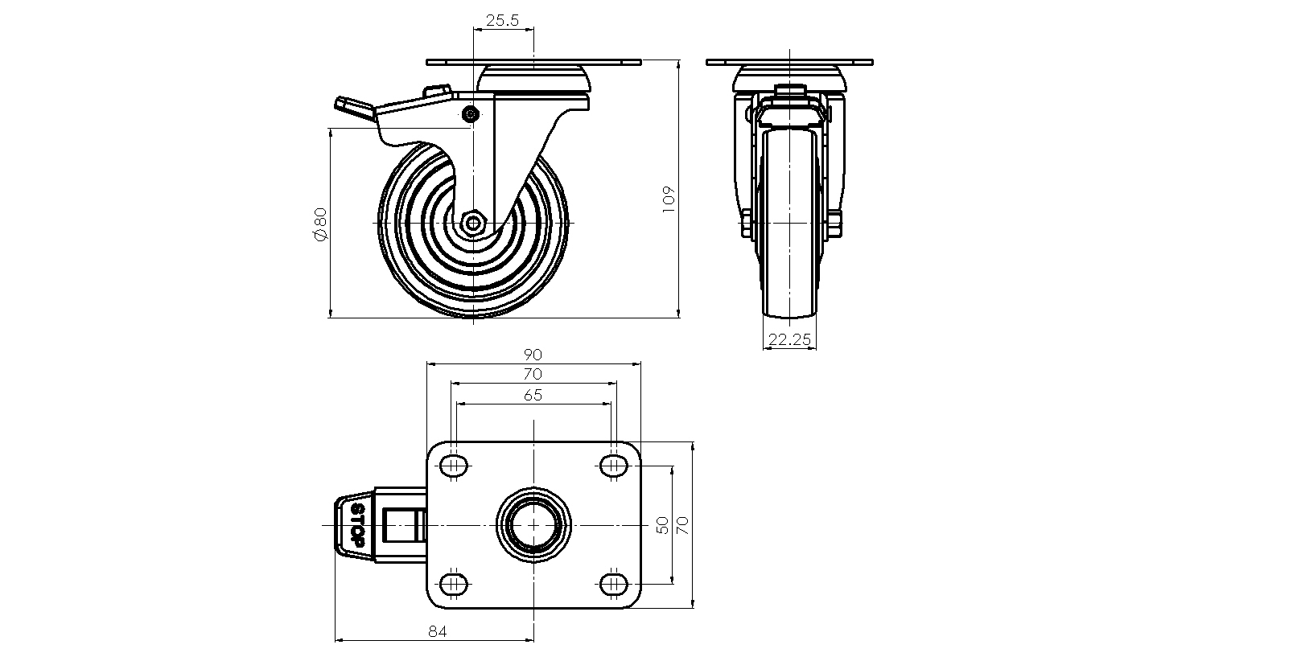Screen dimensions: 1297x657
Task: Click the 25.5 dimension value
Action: click(502, 20)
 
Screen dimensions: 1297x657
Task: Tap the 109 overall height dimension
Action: click(668, 199)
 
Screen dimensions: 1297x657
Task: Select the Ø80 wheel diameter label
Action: click(319, 224)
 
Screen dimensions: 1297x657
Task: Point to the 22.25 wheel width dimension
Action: click(789, 339)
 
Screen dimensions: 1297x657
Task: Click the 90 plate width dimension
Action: click(533, 355)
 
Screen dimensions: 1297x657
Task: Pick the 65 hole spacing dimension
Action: click(533, 395)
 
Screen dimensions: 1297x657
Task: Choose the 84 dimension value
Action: click(437, 631)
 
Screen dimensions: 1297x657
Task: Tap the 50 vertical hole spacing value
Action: click(662, 525)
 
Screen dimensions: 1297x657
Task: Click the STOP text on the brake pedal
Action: click(357, 525)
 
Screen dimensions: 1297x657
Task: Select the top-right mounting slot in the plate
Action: click(612, 465)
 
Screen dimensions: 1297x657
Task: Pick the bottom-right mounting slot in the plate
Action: click(612, 584)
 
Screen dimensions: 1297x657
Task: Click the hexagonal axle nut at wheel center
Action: click(474, 223)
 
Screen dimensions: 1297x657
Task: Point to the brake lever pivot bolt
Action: click(471, 113)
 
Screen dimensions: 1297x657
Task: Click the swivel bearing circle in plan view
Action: click(533, 525)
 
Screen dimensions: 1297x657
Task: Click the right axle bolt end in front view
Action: click(836, 224)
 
